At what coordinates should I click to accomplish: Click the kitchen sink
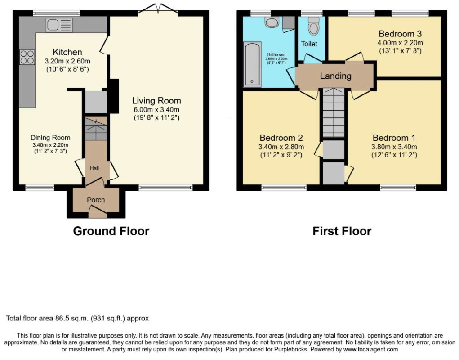(59, 25)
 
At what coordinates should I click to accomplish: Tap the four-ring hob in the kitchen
(27, 57)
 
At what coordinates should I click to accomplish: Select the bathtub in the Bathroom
(252, 64)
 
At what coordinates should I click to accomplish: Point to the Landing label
(335, 76)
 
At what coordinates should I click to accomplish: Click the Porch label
(96, 200)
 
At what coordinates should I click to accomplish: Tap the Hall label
(94, 168)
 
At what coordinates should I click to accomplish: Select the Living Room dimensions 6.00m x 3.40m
(156, 109)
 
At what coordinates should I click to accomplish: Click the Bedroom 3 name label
(400, 34)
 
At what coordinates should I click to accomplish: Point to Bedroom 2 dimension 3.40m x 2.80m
(281, 147)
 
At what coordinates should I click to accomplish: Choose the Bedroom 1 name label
(394, 138)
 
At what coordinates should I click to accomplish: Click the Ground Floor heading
(111, 231)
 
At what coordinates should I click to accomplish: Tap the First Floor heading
(342, 231)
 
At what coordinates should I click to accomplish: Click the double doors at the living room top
(158, 9)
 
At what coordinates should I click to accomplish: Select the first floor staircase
(334, 113)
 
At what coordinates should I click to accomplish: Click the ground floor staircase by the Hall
(96, 129)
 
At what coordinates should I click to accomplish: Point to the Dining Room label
(50, 138)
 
